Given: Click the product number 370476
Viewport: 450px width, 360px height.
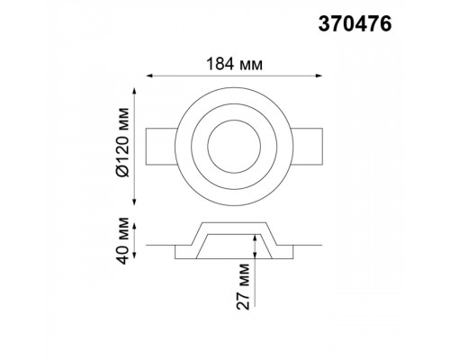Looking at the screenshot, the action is click(x=355, y=23).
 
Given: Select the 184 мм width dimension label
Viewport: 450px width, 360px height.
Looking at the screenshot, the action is click(x=234, y=64).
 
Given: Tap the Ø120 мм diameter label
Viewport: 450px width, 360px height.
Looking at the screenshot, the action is click(x=123, y=142).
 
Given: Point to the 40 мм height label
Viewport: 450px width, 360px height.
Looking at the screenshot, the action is click(x=123, y=240).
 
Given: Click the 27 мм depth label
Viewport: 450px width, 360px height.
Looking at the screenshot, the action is click(x=243, y=286).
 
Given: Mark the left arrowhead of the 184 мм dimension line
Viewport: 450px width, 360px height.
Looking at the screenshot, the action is click(x=149, y=76).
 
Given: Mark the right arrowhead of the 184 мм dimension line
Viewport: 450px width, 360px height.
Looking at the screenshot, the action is click(x=319, y=76).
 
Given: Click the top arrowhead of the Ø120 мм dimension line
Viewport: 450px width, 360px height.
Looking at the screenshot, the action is click(x=134, y=91).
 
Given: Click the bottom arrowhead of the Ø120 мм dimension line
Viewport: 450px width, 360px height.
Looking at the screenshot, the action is click(x=134, y=202).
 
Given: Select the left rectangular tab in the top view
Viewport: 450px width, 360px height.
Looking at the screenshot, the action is click(x=161, y=147).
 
